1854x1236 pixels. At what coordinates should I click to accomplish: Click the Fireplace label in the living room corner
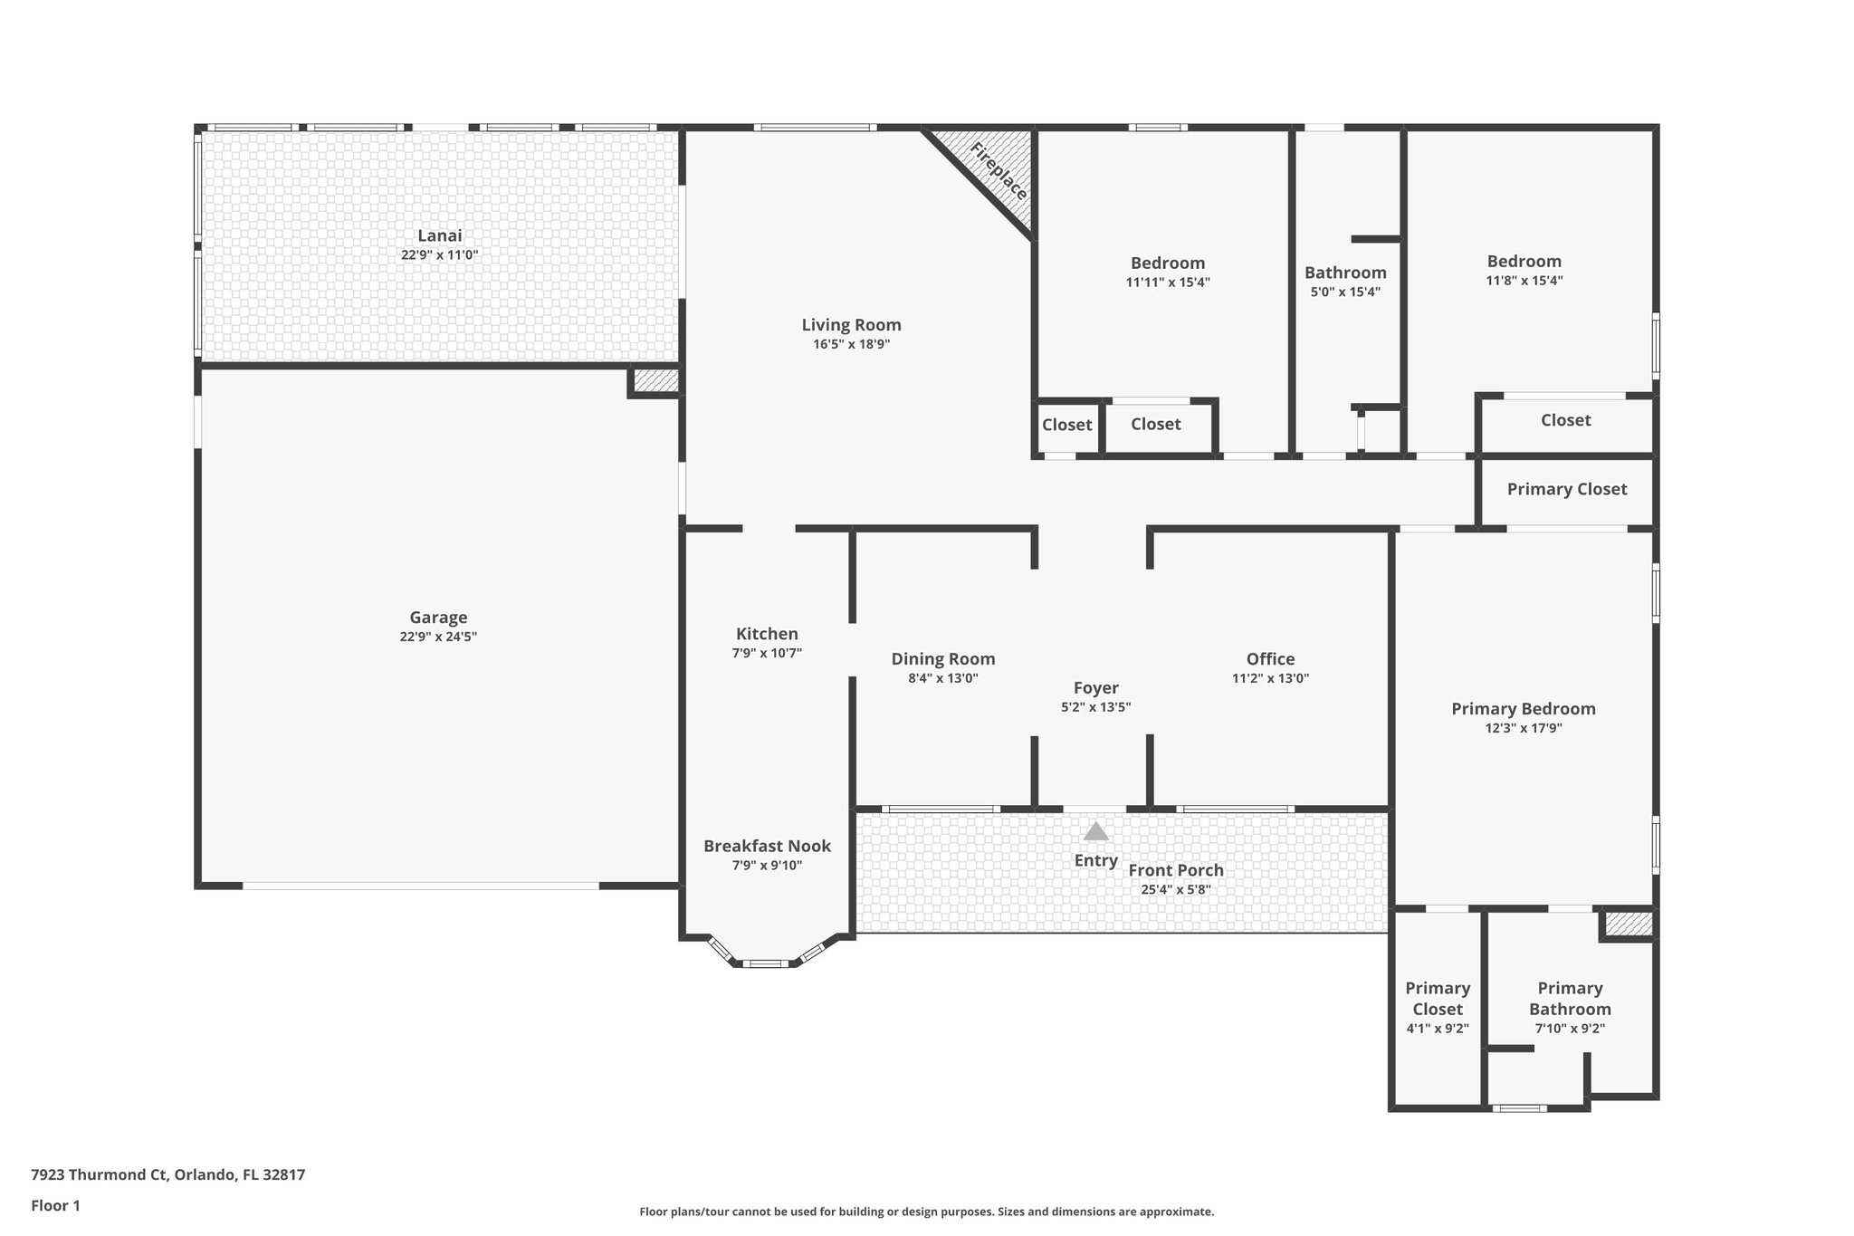999,171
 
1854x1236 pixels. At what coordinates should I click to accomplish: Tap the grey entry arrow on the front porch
1095,831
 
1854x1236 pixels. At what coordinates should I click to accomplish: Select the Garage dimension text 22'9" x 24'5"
438,637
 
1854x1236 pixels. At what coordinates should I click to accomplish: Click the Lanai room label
440,235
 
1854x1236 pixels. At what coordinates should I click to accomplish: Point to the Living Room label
851,324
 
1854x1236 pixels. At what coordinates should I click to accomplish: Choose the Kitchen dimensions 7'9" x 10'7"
767,653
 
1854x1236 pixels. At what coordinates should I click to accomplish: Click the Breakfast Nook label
767,846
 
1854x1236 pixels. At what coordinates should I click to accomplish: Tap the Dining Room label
942,659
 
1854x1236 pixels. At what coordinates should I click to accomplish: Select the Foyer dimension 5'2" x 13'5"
1095,707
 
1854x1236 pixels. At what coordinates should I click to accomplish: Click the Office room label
1270,659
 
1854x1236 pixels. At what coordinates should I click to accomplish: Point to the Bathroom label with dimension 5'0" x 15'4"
1345,273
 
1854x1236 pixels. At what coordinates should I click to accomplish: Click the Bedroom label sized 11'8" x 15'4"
1524,261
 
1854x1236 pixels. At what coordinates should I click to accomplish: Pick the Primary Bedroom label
1523,709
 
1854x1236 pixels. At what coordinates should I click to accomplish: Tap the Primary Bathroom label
1570,998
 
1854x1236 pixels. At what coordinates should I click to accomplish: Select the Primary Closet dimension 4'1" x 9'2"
1437,1029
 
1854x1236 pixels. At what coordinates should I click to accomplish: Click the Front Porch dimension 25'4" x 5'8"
1175,889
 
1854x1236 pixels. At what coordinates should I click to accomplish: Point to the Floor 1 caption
55,1205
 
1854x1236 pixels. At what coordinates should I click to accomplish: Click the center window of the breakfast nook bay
765,963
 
